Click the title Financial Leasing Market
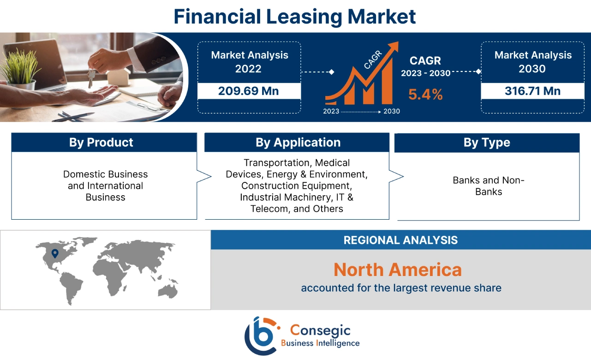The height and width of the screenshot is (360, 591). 295,16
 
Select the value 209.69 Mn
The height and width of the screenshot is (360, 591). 249,91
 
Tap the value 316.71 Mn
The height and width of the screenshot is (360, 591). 532,91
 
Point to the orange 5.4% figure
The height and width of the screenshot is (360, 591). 425,95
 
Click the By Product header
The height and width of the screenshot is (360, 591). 101,143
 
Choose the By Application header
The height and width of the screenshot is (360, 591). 298,143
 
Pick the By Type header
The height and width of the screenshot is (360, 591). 487,143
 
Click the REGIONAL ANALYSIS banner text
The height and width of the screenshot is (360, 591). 400,240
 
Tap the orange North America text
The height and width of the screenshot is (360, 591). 397,270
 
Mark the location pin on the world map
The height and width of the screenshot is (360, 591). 55,253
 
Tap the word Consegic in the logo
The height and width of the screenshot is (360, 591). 320,330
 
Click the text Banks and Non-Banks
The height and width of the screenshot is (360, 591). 488,186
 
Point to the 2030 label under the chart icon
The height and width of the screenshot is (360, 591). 392,111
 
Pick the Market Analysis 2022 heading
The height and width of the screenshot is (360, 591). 249,62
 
